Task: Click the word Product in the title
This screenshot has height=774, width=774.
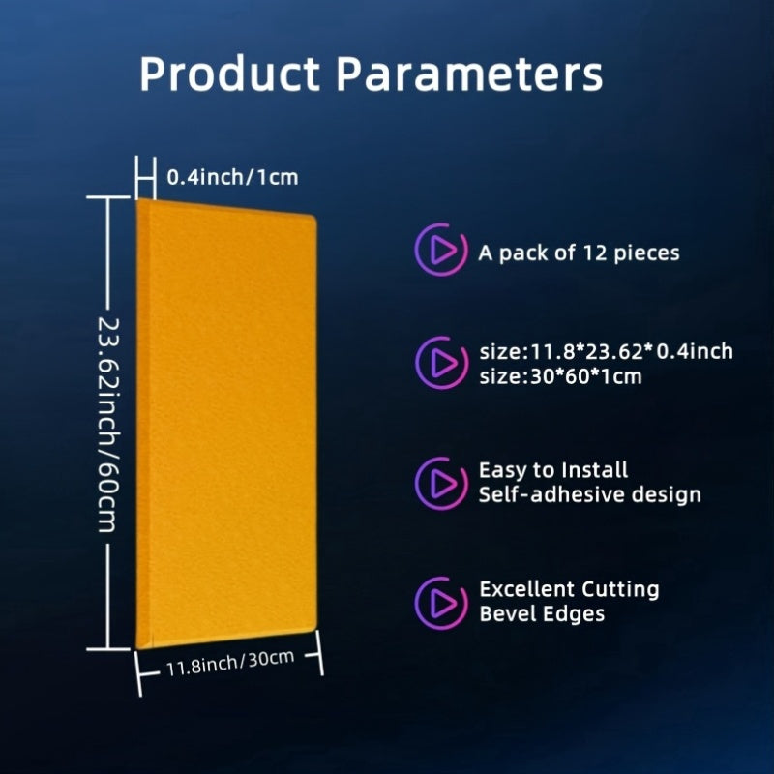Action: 230,74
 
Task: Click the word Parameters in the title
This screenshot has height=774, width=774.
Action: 469,74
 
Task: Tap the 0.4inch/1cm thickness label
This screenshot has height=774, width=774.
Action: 232,177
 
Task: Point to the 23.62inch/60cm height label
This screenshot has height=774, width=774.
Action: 108,425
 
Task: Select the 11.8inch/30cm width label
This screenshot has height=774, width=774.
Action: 230,663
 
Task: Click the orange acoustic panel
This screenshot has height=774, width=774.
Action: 226,424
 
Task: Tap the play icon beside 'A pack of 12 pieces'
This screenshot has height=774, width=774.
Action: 441,250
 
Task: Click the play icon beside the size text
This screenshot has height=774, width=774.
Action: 441,363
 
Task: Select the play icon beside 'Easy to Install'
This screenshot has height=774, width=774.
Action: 441,483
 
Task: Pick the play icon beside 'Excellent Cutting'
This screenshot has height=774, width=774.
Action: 441,603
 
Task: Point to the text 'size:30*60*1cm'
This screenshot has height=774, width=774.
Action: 561,376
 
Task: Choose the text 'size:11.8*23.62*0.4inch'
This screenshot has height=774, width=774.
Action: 607,351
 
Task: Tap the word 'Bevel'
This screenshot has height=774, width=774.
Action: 507,614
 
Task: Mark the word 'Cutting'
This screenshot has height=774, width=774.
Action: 620,590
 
